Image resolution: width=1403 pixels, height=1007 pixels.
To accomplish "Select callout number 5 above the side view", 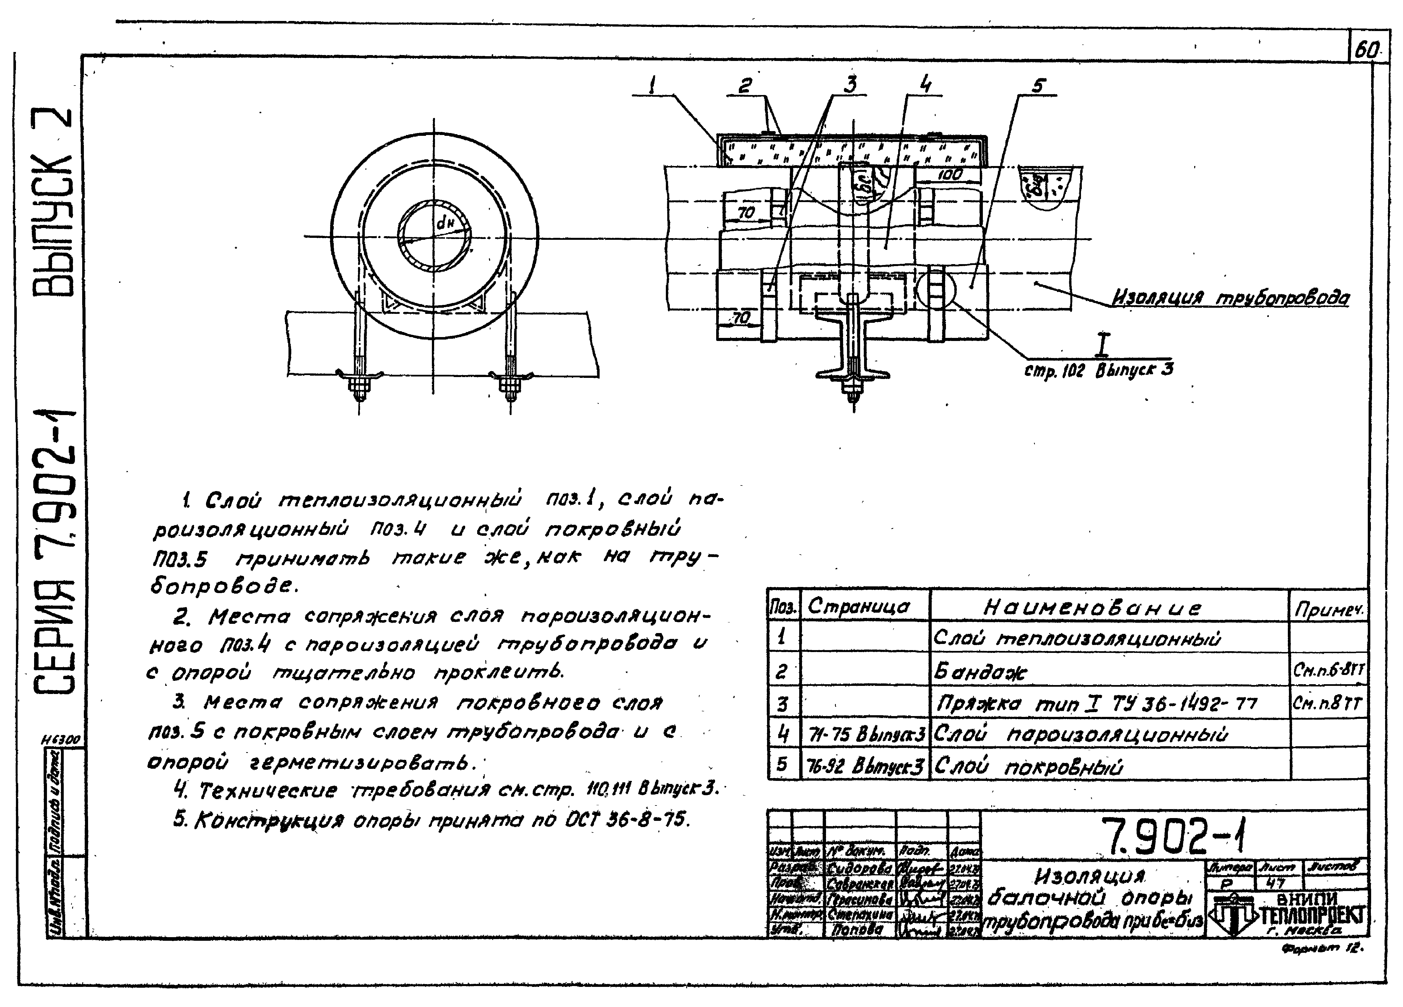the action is pos(1037,85).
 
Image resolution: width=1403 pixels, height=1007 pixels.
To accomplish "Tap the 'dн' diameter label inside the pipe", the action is pos(445,223).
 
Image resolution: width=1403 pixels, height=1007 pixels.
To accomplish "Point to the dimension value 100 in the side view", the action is pos(950,175).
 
